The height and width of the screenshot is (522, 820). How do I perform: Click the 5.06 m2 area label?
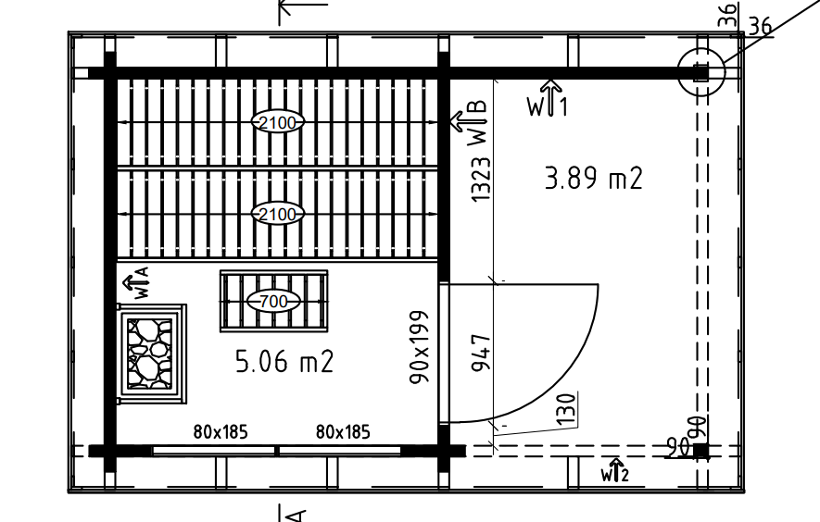click(x=284, y=361)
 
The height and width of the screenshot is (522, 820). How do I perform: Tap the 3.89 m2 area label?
click(x=594, y=178)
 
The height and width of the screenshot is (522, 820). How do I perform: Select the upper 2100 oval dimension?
click(x=278, y=122)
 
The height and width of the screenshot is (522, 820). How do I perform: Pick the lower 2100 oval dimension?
click(x=278, y=214)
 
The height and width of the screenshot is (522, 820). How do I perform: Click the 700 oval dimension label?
click(x=273, y=301)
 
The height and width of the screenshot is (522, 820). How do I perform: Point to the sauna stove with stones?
click(x=151, y=354)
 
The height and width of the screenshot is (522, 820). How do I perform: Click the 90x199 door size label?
click(x=420, y=347)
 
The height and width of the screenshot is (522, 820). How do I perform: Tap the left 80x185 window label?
click(x=221, y=432)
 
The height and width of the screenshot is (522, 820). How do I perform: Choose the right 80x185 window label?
click(x=343, y=432)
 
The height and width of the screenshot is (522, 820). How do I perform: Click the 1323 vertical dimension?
click(x=481, y=172)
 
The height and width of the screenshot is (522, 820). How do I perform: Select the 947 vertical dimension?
click(x=481, y=353)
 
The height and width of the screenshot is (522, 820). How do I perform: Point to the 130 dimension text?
click(x=566, y=409)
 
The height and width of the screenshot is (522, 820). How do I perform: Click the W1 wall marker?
click(x=548, y=99)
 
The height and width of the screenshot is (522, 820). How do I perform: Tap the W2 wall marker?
click(x=615, y=470)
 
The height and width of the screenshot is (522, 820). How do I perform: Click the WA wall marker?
click(x=137, y=282)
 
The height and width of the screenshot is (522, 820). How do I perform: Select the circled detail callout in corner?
click(x=701, y=72)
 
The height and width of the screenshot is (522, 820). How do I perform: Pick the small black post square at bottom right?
click(x=701, y=451)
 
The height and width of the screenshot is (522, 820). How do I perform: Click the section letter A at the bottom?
click(x=296, y=516)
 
